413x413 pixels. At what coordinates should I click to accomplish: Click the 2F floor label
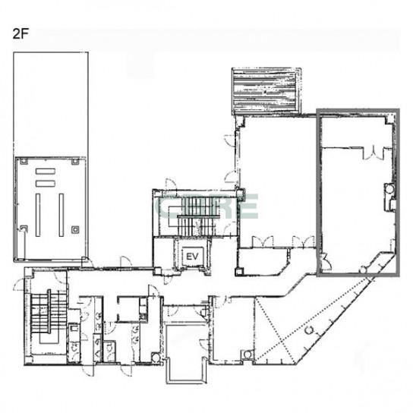coord(20,34)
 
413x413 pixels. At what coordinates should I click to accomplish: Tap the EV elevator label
coord(192,257)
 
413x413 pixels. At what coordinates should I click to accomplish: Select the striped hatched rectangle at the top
coord(266,91)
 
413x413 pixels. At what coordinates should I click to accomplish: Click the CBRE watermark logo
coord(208,206)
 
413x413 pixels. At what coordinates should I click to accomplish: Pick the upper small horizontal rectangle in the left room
coord(46,172)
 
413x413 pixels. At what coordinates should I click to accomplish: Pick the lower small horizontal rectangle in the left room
coord(46,184)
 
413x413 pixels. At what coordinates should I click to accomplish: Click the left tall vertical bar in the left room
coord(38,215)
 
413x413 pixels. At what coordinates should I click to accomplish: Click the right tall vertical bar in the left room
coord(61,215)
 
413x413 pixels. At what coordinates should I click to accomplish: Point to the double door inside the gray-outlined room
coord(374,153)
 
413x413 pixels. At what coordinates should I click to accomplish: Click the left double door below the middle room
coord(263,241)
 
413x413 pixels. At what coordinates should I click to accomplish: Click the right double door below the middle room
coord(304,241)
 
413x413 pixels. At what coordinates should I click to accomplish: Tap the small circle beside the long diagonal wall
coord(310,329)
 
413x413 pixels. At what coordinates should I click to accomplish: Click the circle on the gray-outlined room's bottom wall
coord(364,270)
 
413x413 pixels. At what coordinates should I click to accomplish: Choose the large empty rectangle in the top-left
coord(51,104)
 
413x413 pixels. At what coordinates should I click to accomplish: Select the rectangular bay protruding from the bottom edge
coord(187,355)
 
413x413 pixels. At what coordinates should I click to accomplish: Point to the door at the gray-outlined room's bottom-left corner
coord(323,261)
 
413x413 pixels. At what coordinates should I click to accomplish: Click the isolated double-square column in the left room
coord(75,230)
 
